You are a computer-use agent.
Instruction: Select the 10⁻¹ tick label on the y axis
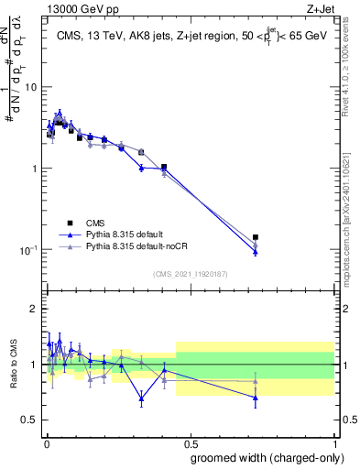coord(29,249)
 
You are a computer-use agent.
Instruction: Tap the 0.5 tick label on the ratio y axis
coord(30,420)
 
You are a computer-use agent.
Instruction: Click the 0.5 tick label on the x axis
coord(191,442)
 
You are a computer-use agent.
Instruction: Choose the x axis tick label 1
coord(336,442)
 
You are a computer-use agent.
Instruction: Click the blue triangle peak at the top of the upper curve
coord(60,114)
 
